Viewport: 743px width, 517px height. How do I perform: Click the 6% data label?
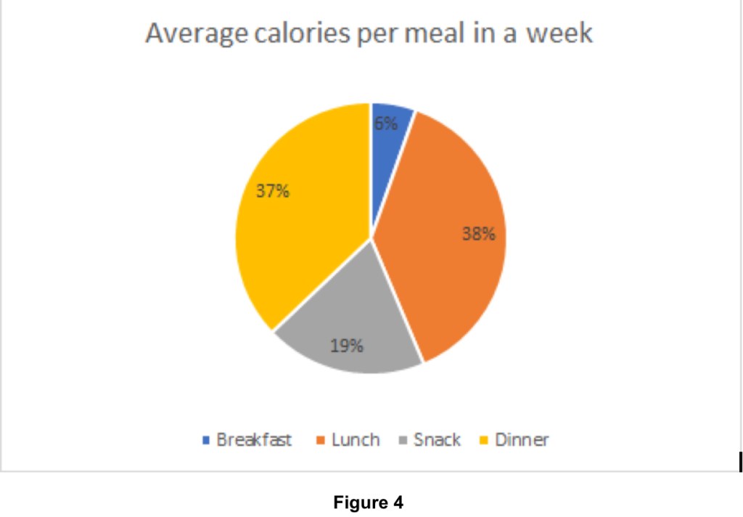point(386,123)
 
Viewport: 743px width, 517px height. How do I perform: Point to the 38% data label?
point(480,234)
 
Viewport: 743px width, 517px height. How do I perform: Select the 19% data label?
point(346,346)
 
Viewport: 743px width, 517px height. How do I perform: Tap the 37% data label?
point(273,192)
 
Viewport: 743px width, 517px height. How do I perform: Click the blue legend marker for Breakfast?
point(205,440)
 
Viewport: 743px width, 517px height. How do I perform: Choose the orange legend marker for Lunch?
point(320,440)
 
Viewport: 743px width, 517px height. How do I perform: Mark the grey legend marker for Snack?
point(403,440)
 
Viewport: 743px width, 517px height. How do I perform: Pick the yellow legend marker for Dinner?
point(484,440)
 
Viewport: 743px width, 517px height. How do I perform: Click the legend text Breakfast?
point(254,440)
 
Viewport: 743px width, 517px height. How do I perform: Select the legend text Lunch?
point(356,440)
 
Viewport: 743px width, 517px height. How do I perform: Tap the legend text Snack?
point(437,440)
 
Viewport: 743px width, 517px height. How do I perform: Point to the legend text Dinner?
point(522,440)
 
